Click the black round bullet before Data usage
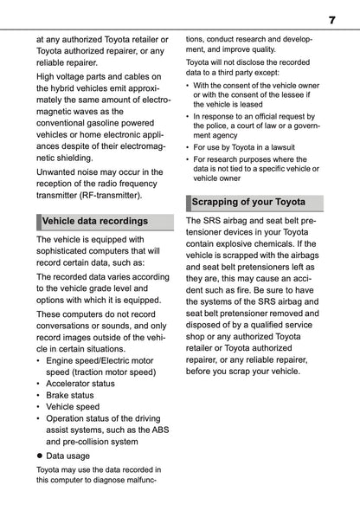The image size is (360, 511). coord(39,455)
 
